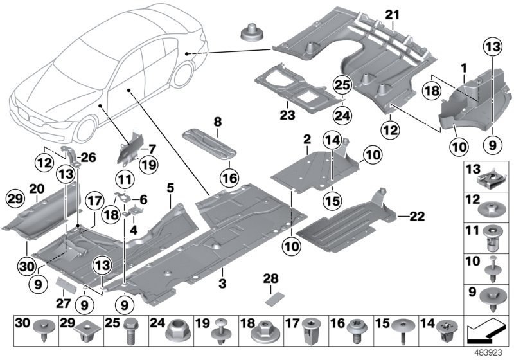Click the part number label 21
pos(393,15)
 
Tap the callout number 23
pos(287,115)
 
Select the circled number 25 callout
pos(342,85)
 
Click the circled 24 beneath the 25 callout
pos(342,116)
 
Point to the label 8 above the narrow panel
pos(218,122)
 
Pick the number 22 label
pos(417,216)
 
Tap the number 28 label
pos(270,278)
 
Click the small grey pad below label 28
pos(271,299)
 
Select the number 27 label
pos(63,303)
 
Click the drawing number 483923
pos(488,353)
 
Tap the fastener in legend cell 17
pos(309,331)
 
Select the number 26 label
pos(88,157)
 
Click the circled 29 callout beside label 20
pos(15,199)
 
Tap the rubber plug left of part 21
pos(252,32)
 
